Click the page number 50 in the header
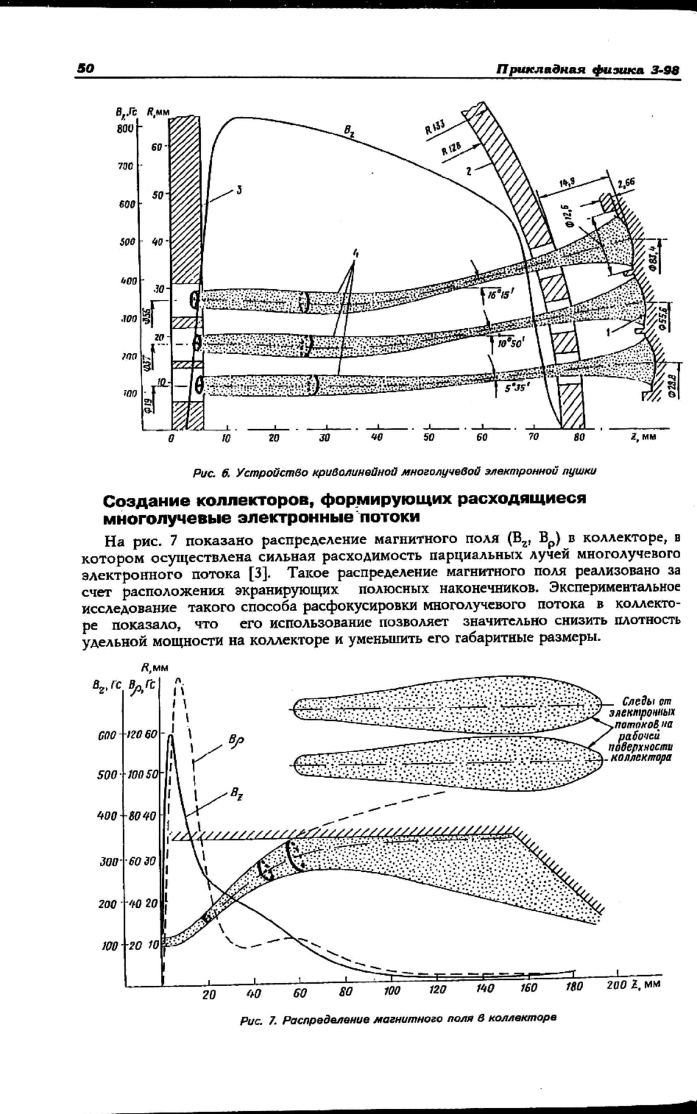pyautogui.click(x=85, y=68)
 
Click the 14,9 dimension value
pyautogui.click(x=567, y=183)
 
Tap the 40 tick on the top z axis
pyautogui.click(x=376, y=437)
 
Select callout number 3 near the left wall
pyautogui.click(x=239, y=190)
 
